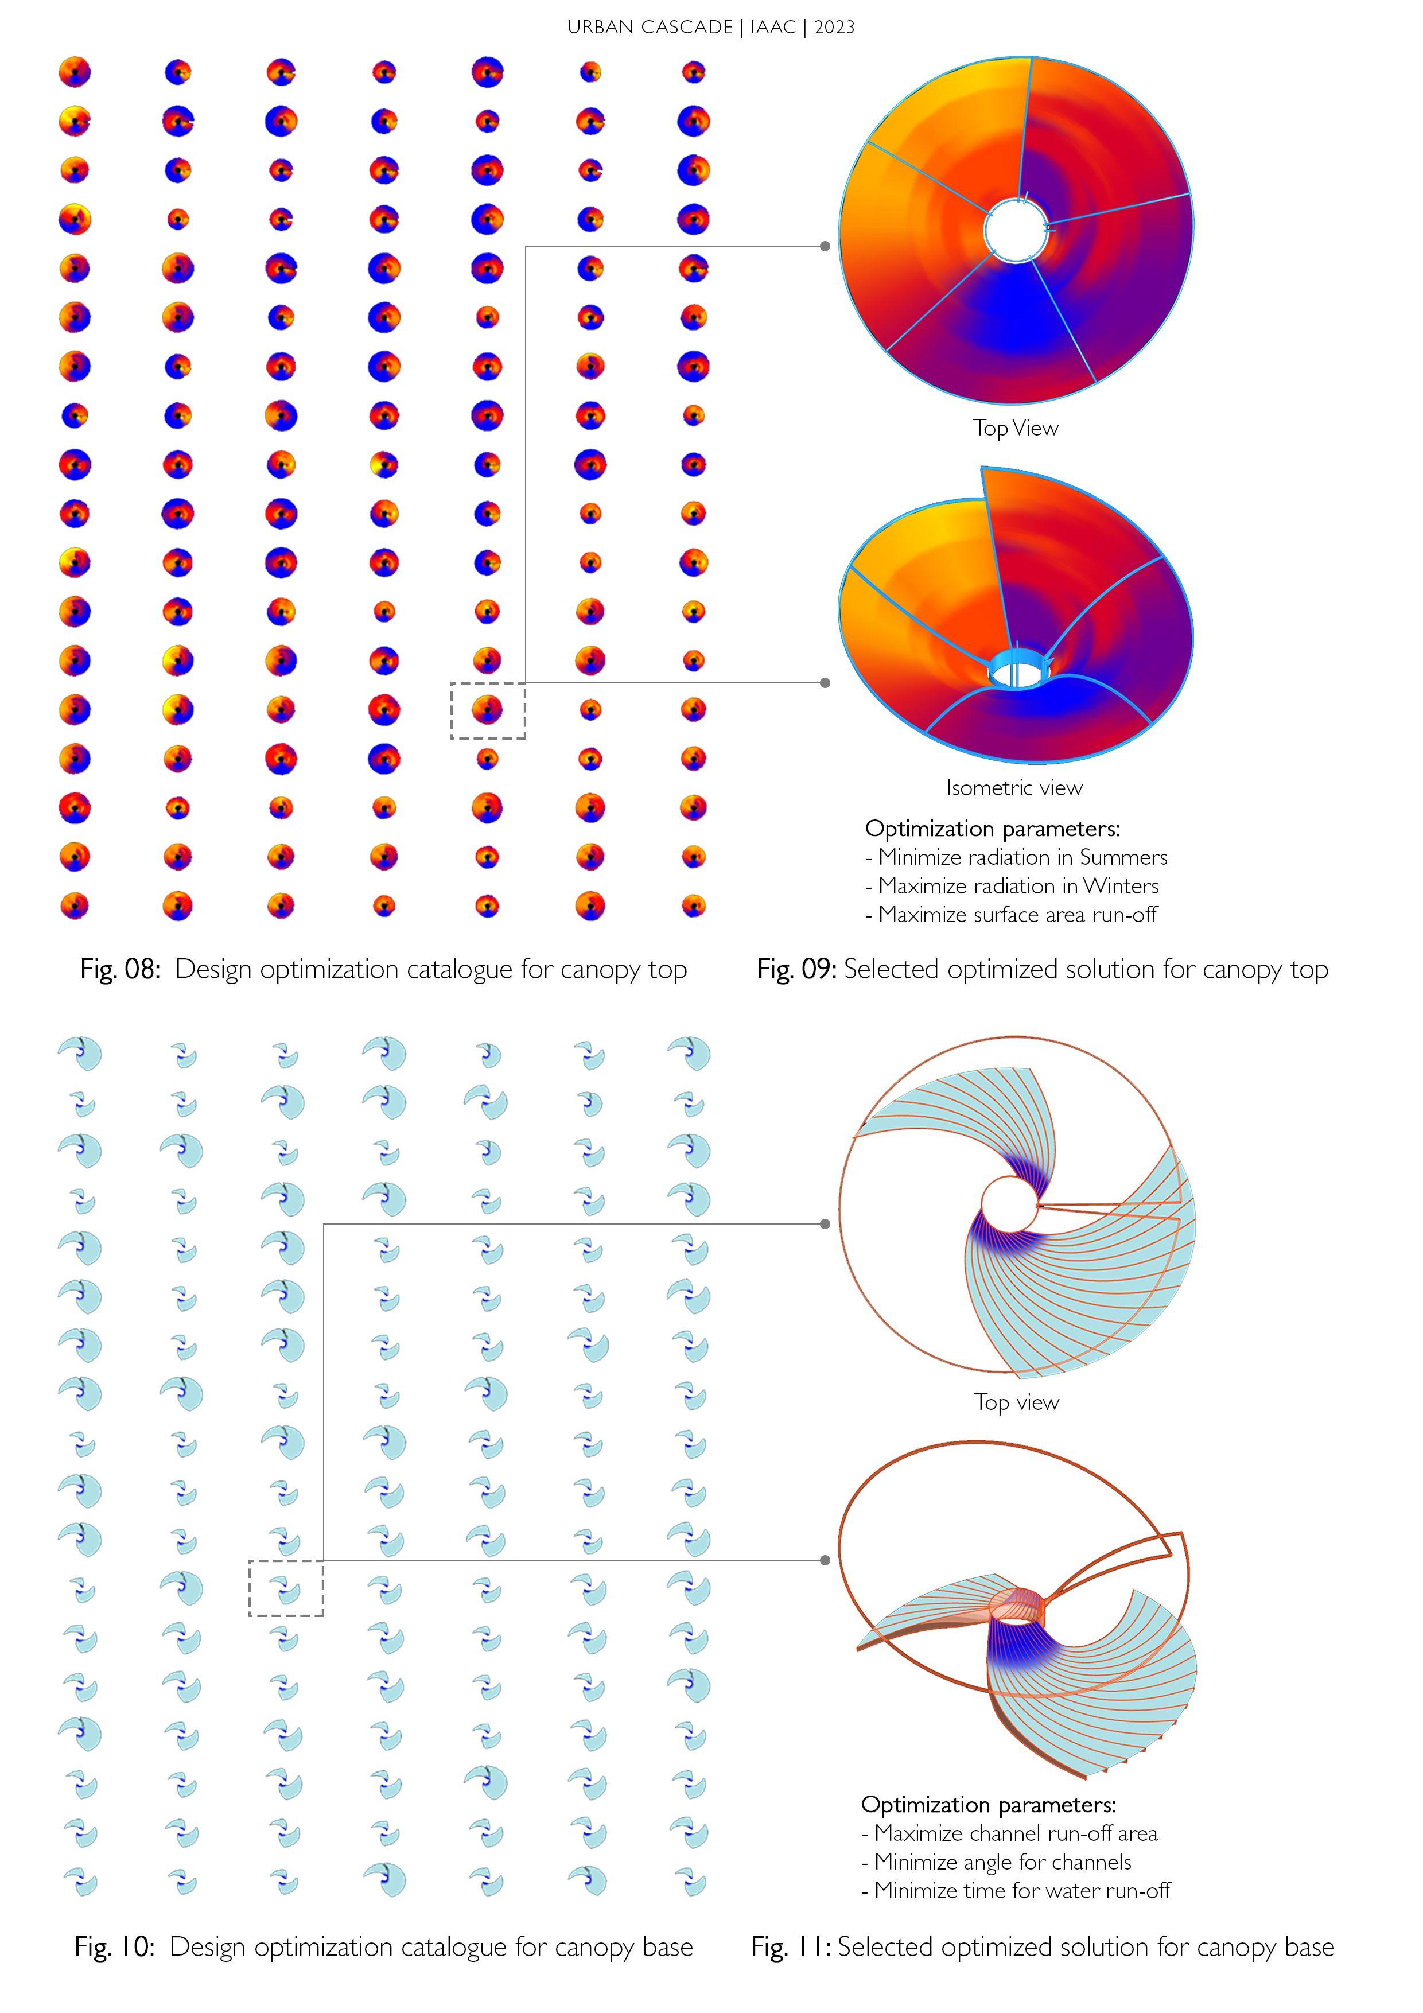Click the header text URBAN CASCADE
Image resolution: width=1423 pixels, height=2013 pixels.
pyautogui.click(x=649, y=27)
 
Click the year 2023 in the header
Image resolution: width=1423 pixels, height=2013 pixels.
pyautogui.click(x=834, y=27)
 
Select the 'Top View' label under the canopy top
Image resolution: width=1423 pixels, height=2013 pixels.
pyautogui.click(x=1015, y=428)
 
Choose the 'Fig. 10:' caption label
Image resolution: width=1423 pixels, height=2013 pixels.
pyautogui.click(x=115, y=1946)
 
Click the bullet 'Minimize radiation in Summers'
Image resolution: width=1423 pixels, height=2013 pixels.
pyautogui.click(x=1022, y=857)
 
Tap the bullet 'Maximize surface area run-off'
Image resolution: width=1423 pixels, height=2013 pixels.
pyautogui.click(x=1017, y=915)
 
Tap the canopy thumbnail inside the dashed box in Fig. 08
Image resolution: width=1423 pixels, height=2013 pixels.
pyautogui.click(x=488, y=709)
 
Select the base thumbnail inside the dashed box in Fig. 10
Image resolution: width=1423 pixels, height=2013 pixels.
pyautogui.click(x=286, y=1589)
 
